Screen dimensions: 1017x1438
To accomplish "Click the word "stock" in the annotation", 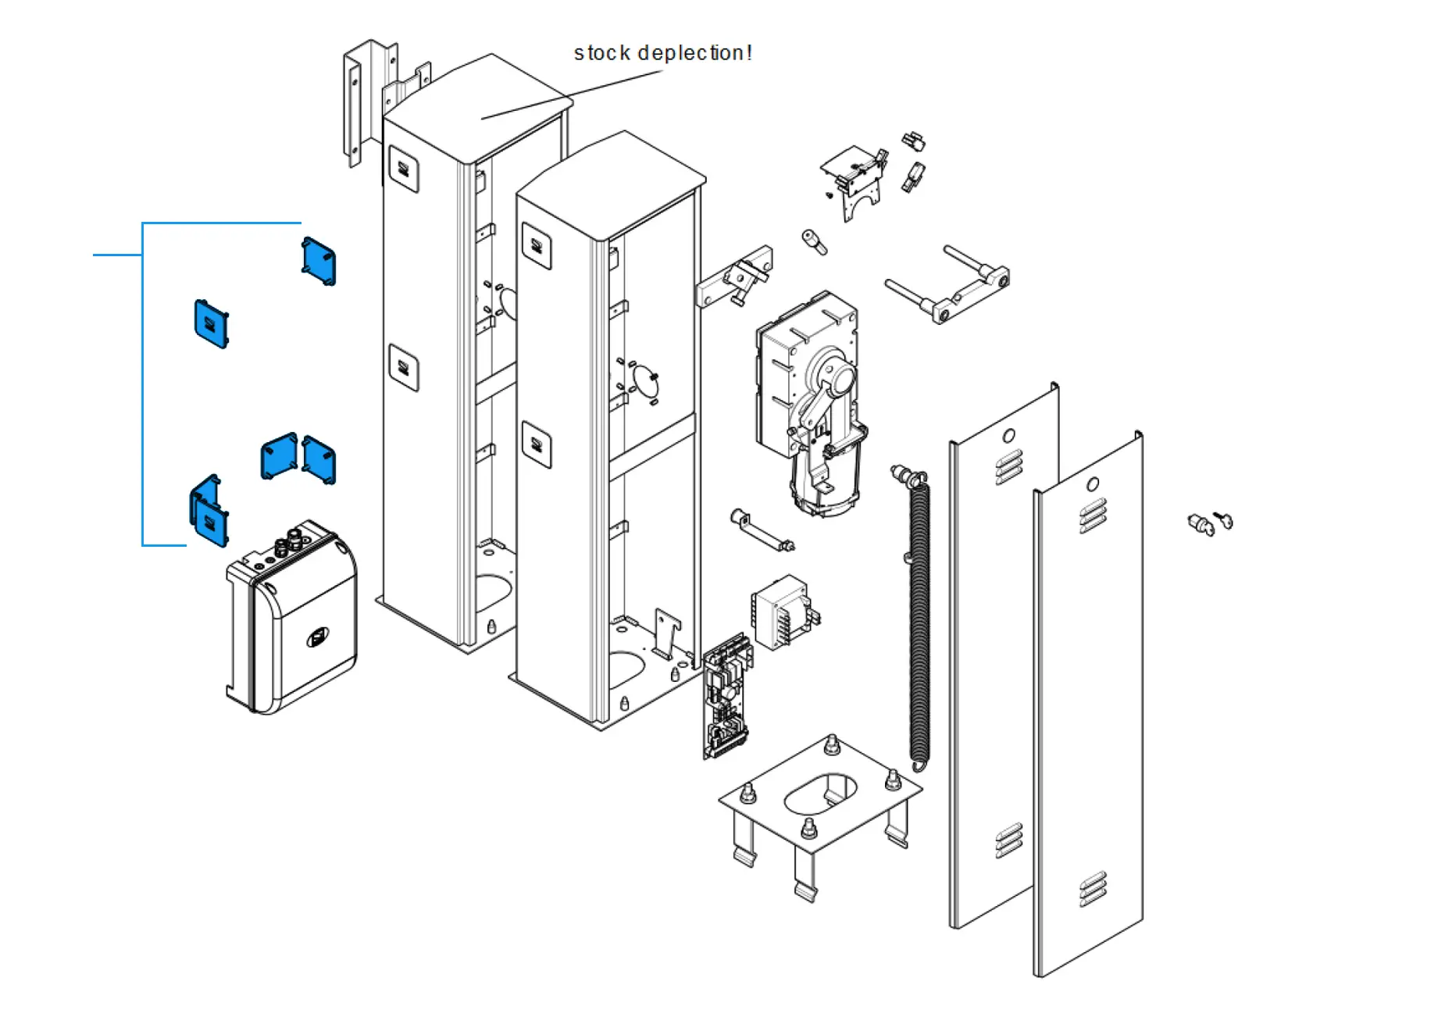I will click(601, 53).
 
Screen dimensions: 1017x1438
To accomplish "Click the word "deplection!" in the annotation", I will click(694, 53).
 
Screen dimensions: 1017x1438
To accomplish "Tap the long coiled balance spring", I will click(920, 617).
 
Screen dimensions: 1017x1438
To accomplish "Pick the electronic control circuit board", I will click(726, 695).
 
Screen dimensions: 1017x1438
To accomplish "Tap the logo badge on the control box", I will click(318, 638).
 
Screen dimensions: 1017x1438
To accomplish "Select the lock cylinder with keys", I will click(1208, 523).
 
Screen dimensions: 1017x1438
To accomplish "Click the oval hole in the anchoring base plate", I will click(819, 794).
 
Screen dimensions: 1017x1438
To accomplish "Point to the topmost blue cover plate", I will click(319, 262).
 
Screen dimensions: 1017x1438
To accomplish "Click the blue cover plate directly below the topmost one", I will click(211, 323).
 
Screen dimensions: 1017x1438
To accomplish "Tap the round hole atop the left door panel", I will click(1008, 436).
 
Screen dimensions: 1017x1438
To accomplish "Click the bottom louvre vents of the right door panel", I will click(1093, 889).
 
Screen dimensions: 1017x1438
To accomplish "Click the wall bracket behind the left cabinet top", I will click(359, 102).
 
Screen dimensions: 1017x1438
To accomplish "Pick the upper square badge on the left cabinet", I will click(404, 169).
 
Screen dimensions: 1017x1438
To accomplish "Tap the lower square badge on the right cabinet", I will click(537, 444).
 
